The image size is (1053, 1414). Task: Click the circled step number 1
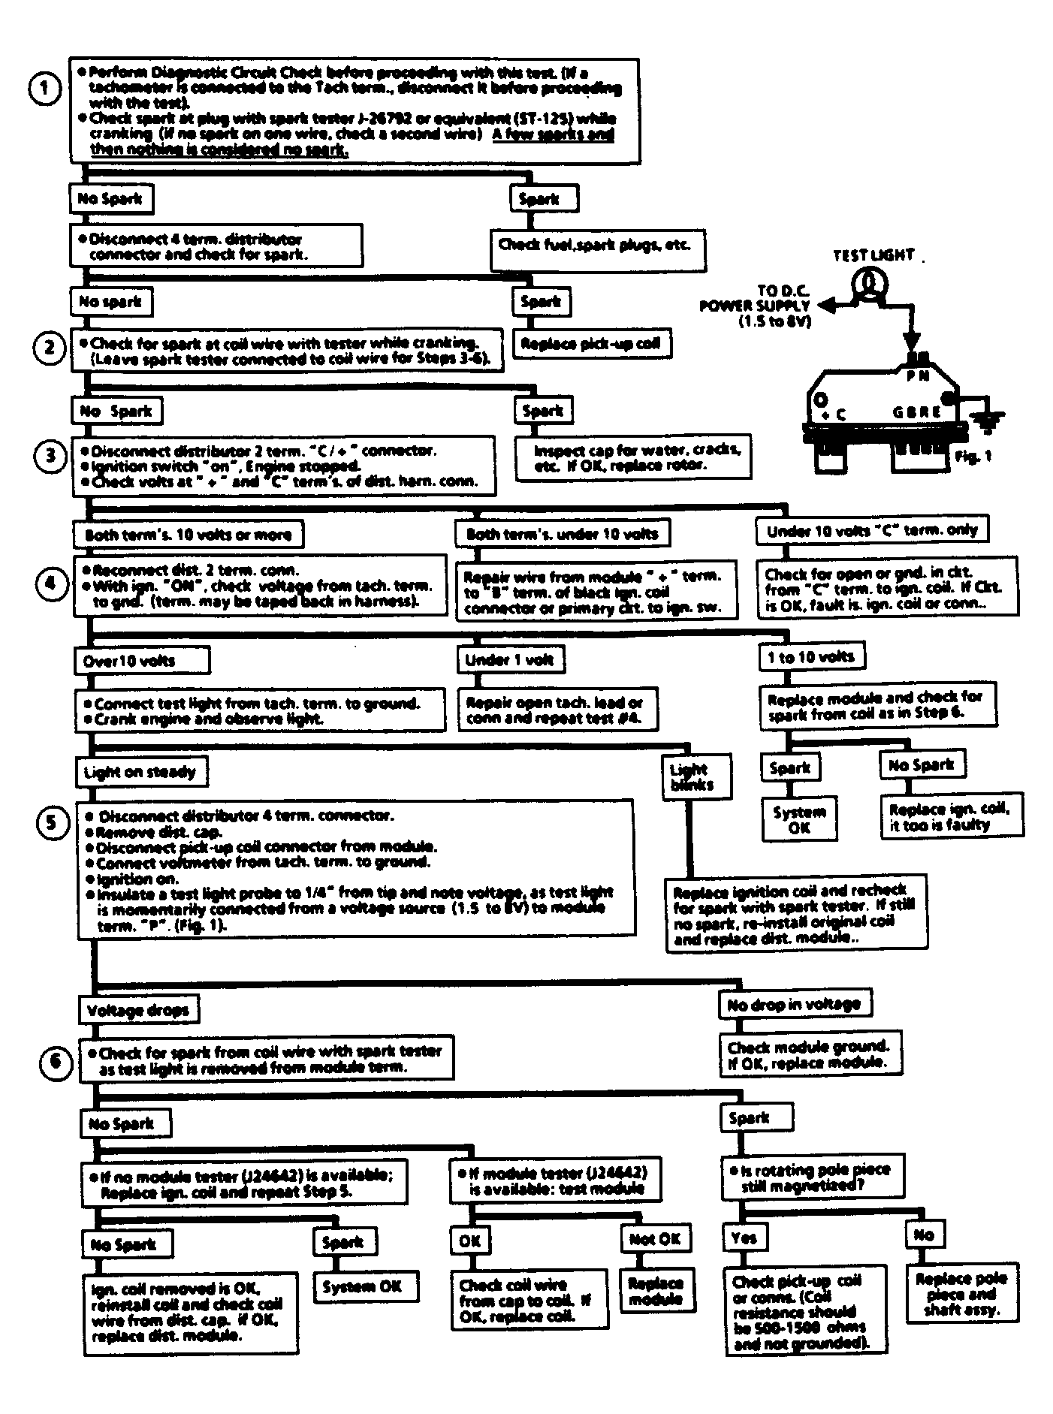click(x=47, y=89)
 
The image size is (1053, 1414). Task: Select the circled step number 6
click(x=56, y=1064)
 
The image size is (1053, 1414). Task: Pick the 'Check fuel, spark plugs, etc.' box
click(x=597, y=247)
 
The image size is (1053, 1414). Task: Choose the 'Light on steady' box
click(x=140, y=772)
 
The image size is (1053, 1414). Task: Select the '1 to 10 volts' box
click(x=811, y=657)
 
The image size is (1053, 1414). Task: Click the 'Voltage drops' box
click(x=138, y=1010)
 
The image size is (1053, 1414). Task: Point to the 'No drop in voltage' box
click(x=794, y=1005)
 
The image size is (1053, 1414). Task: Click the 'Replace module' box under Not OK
click(x=655, y=1291)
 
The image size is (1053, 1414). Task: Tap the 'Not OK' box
click(x=655, y=1240)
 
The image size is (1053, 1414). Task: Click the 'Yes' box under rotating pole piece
click(x=744, y=1238)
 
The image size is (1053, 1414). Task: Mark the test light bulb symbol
click(x=869, y=284)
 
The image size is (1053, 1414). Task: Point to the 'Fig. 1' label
click(x=974, y=456)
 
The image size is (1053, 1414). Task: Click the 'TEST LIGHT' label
click(x=873, y=255)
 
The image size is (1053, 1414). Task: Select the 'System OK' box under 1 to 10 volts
click(x=799, y=820)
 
